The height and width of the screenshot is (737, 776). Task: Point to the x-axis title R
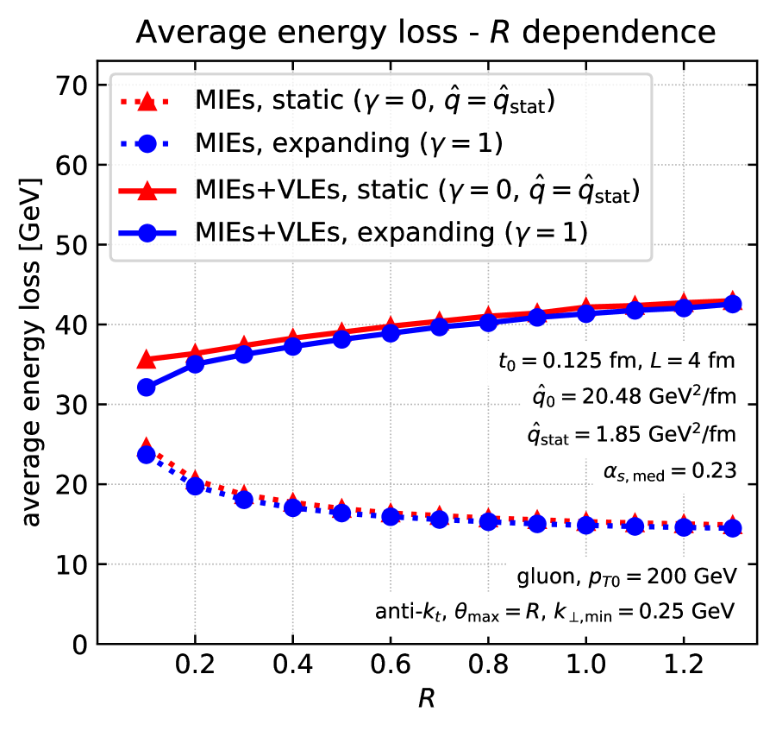pyautogui.click(x=426, y=697)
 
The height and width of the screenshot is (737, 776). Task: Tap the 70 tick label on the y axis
pyautogui.click(x=72, y=85)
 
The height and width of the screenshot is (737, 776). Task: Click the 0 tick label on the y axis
pyautogui.click(x=80, y=645)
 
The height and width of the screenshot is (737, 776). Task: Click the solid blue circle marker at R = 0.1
pyautogui.click(x=147, y=387)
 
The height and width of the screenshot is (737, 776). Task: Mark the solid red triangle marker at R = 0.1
pyautogui.click(x=147, y=359)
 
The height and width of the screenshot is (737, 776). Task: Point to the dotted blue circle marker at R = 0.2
pyautogui.click(x=196, y=486)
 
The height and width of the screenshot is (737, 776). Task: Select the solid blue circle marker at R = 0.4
pyautogui.click(x=293, y=346)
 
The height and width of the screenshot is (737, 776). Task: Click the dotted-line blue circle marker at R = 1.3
pyautogui.click(x=733, y=528)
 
